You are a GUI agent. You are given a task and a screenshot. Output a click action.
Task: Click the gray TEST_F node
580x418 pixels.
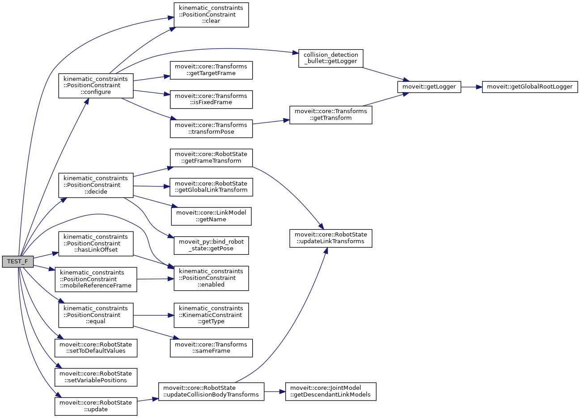click(17, 261)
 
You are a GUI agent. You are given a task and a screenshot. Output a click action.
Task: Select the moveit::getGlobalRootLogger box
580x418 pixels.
click(530, 87)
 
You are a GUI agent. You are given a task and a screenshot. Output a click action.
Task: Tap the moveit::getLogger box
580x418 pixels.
click(429, 87)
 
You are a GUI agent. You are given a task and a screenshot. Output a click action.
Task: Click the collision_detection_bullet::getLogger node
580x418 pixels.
click(330, 58)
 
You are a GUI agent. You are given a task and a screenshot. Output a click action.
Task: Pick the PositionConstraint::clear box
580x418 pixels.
click(211, 15)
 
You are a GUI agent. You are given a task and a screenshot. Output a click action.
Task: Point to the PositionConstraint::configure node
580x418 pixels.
click(96, 85)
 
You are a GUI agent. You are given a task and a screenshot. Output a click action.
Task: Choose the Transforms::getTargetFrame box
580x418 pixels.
click(211, 70)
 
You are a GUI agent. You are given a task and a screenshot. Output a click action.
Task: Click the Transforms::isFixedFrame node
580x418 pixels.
click(211, 99)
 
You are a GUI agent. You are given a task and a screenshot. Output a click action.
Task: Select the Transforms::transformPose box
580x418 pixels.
click(211, 128)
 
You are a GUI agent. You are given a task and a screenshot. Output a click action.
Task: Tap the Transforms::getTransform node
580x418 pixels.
click(330, 115)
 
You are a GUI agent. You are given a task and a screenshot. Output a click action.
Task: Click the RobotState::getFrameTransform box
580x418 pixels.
click(211, 157)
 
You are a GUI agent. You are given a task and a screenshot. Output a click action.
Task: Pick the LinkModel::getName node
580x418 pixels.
click(211, 216)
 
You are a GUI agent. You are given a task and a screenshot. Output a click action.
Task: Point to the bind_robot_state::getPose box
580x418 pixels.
click(211, 245)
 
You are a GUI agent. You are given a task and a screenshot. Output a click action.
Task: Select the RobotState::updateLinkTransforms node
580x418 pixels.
click(330, 238)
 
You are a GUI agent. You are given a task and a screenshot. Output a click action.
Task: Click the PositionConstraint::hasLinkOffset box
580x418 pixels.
click(96, 243)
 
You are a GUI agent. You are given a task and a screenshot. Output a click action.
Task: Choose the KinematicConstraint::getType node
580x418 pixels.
click(211, 315)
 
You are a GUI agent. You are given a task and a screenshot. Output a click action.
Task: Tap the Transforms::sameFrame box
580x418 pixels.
click(211, 348)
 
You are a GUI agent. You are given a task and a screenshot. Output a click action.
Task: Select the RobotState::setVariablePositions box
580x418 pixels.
click(96, 377)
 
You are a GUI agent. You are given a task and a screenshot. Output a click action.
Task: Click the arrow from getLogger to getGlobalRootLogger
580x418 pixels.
click(471, 87)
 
